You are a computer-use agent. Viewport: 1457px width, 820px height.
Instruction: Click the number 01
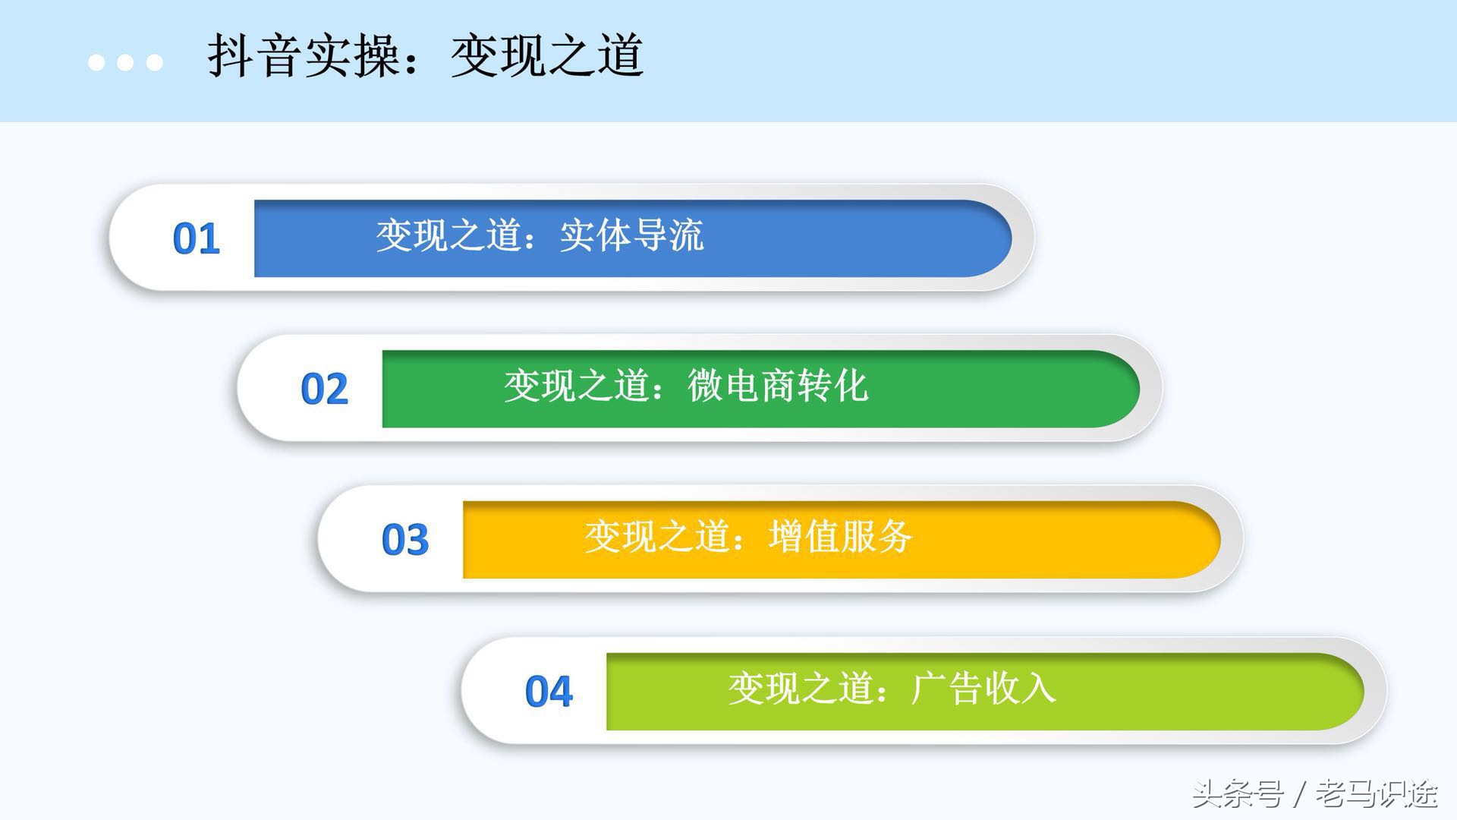point(197,239)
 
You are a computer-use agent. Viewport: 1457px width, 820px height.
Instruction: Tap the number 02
point(325,389)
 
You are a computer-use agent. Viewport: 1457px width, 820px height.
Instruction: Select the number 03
point(405,540)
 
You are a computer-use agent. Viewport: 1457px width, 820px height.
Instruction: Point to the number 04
point(549,692)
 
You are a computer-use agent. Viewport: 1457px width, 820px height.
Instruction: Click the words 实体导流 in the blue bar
point(632,235)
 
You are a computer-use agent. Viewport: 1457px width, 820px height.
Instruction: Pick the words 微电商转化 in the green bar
point(778,386)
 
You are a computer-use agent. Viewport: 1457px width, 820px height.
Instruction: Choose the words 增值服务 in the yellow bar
point(840,537)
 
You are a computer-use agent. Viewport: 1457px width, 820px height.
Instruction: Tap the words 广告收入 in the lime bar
point(983,689)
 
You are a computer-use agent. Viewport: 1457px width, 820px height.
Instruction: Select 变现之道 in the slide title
point(547,56)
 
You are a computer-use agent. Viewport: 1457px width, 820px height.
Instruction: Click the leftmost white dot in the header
point(96,62)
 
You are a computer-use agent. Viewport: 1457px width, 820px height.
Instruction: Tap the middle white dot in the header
point(125,62)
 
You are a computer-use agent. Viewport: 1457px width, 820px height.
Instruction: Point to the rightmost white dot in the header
point(155,62)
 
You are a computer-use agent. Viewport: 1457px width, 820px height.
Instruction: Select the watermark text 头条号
point(1238,795)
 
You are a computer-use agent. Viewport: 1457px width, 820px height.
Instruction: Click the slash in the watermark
point(1300,795)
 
